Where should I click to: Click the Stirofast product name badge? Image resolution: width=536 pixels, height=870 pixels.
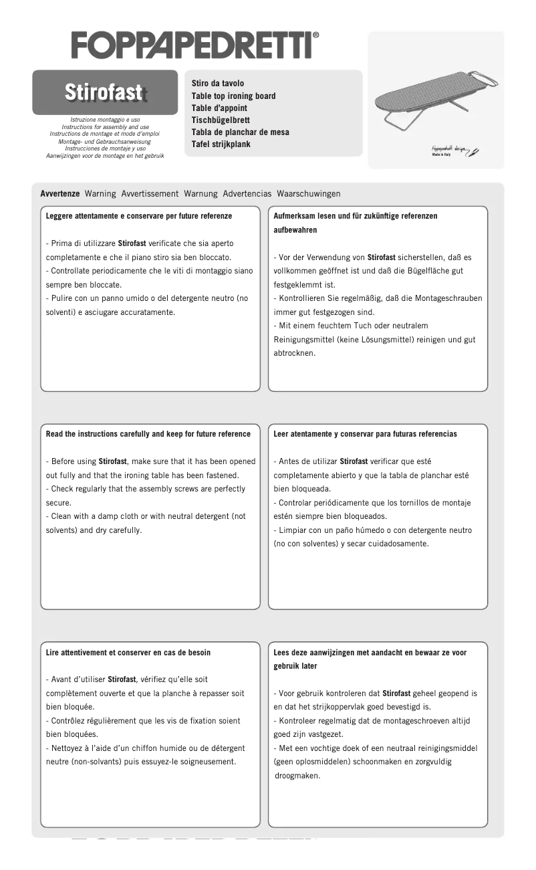pyautogui.click(x=105, y=93)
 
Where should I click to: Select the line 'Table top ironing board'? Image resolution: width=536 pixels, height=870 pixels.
pyautogui.click(x=233, y=96)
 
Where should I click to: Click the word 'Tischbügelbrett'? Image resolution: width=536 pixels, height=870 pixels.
pyautogui.click(x=221, y=120)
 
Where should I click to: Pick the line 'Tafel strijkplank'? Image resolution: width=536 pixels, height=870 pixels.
pyautogui.click(x=221, y=144)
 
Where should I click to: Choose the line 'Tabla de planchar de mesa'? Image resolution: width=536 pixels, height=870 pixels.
pyautogui.click(x=240, y=132)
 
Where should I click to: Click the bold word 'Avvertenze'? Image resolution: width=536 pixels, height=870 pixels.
pyautogui.click(x=60, y=194)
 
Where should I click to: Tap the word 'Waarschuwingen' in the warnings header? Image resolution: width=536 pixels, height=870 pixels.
pyautogui.click(x=308, y=194)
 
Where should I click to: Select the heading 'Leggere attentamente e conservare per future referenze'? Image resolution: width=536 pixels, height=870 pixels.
pyautogui.click(x=139, y=216)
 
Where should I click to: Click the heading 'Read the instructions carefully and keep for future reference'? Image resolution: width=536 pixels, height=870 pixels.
pyautogui.click(x=148, y=434)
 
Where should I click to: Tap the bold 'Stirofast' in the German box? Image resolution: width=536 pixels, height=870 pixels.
pyautogui.click(x=382, y=257)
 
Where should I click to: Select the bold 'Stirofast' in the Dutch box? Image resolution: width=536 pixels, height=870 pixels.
pyautogui.click(x=396, y=693)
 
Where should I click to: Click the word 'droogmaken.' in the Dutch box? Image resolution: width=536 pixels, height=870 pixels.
pyautogui.click(x=297, y=776)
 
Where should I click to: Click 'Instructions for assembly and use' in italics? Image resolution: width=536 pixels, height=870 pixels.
pyautogui.click(x=105, y=126)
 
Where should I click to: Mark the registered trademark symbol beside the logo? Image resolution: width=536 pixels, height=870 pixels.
pyautogui.click(x=315, y=35)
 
